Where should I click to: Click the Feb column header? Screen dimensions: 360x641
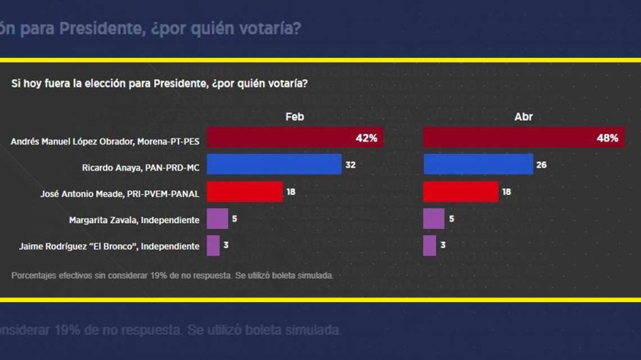point(295,117)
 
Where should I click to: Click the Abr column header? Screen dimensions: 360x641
point(523,117)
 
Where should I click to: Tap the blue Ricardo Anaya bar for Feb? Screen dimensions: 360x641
point(274,164)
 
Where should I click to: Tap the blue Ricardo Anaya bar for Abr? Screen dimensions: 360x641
point(478,164)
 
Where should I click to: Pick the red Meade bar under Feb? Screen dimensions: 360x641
point(245,192)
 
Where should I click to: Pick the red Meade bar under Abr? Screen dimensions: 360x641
point(461,192)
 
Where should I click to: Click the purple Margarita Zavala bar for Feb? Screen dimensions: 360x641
point(218,219)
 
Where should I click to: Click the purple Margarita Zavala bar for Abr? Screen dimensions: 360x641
point(434,219)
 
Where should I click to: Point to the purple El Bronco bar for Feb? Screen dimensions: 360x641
point(213,245)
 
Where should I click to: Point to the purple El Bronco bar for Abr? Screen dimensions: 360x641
point(430,245)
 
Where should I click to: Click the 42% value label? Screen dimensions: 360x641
point(366,138)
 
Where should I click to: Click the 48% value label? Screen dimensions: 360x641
point(607,138)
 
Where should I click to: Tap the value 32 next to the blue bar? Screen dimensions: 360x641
point(351,165)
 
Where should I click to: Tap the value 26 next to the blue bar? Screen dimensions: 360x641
point(541,165)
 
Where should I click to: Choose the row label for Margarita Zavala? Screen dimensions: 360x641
point(134,220)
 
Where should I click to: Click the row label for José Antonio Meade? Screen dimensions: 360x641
point(120,194)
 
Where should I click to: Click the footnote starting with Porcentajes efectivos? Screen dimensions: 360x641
point(173,276)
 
